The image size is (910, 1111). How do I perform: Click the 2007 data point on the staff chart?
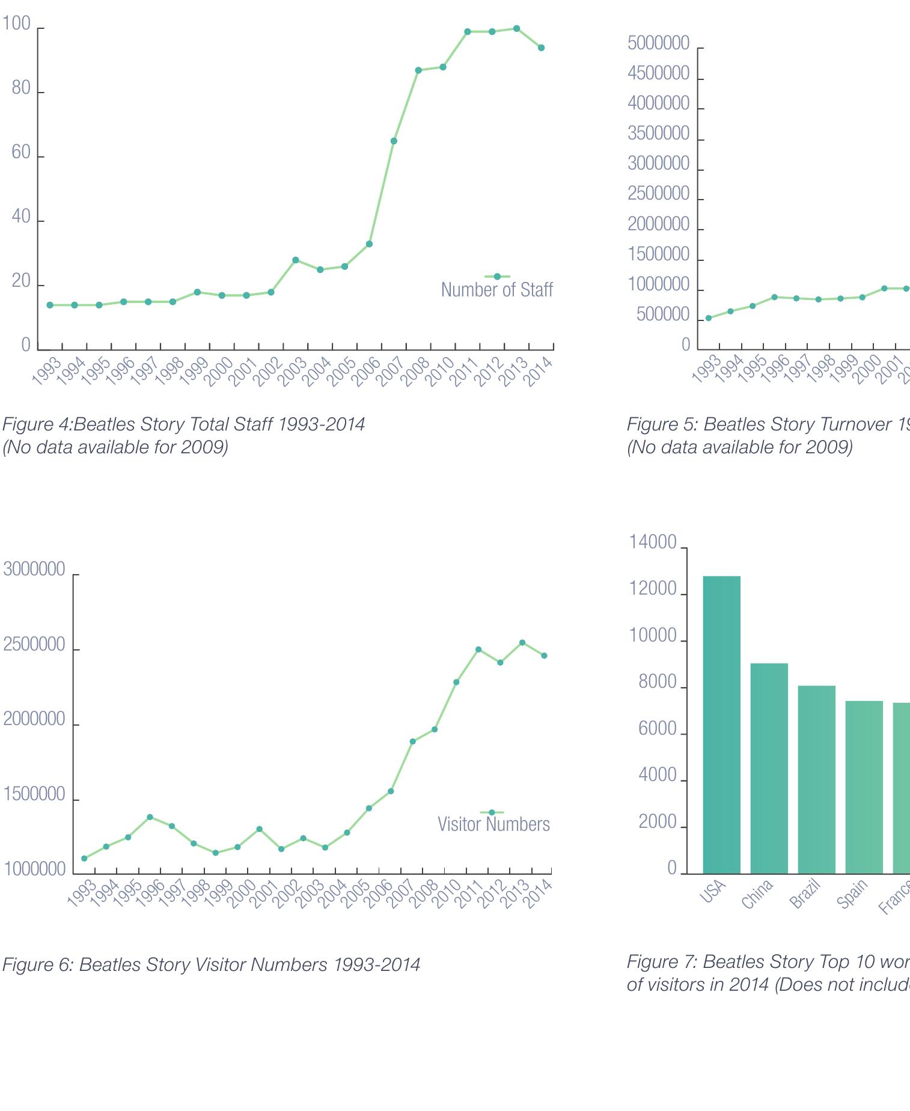point(394,141)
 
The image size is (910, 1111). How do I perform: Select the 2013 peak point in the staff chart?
point(517,29)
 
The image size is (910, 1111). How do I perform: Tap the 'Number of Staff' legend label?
point(496,290)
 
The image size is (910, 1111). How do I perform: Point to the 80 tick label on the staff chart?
point(21,88)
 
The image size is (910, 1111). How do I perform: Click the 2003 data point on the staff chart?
point(295,260)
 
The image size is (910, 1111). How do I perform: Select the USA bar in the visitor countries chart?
point(721,724)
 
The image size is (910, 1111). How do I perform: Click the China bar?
point(769,768)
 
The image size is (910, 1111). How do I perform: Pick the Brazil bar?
point(816,779)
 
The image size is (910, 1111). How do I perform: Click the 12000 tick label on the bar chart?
point(653,589)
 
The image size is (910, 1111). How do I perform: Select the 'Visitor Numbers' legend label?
point(493,824)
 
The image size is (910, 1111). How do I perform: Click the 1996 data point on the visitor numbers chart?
point(150,817)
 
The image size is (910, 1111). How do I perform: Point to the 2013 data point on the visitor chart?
point(522,643)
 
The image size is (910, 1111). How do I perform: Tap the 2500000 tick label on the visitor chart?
point(34,644)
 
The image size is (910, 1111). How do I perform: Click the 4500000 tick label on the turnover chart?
point(658,74)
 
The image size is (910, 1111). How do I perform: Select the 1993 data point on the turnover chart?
point(708,318)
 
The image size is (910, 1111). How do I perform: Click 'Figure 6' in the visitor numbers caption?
point(37,964)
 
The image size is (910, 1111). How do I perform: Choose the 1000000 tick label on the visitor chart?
point(34,869)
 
